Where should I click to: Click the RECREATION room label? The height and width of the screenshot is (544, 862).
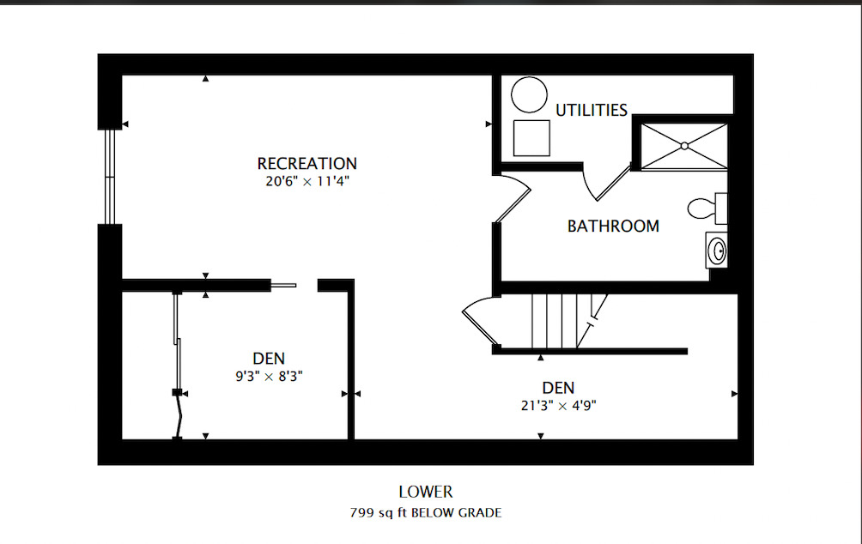[x=307, y=163]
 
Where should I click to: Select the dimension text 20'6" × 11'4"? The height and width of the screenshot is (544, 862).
[x=307, y=181]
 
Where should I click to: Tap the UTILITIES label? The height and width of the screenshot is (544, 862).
[x=591, y=110]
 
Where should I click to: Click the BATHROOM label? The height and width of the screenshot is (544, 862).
[x=613, y=227]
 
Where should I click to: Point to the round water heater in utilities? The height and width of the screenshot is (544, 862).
[x=529, y=95]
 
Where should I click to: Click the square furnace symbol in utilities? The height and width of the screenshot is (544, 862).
[x=531, y=137]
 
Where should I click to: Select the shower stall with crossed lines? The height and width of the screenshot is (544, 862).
[x=684, y=146]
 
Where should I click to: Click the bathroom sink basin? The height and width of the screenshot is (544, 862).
[x=717, y=251]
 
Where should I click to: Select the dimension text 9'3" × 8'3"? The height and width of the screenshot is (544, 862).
[x=269, y=376]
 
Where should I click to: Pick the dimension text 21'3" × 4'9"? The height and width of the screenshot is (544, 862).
[x=557, y=406]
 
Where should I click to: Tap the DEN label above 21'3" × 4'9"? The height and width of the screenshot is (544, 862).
[x=557, y=388]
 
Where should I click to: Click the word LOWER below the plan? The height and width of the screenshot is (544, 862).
[x=425, y=493]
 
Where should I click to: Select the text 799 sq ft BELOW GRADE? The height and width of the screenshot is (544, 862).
[x=425, y=513]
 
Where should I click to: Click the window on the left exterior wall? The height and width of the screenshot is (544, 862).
[x=109, y=177]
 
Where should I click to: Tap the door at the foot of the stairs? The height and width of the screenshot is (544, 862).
[x=479, y=321]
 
